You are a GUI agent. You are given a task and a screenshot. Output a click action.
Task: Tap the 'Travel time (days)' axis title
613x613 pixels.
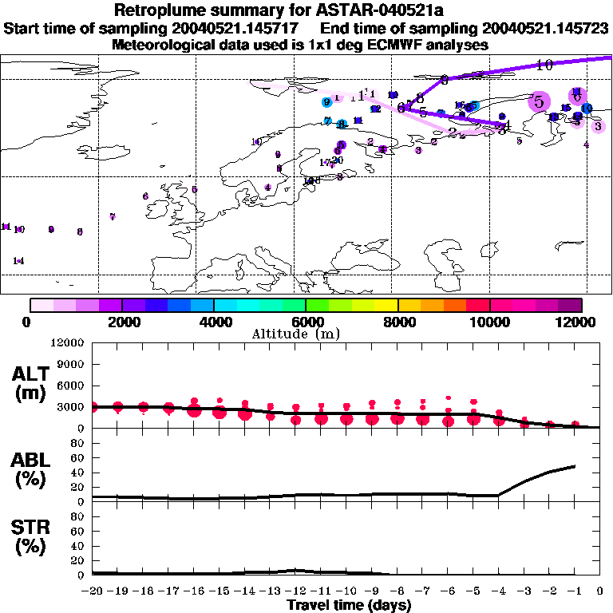pyautogui.click(x=349, y=606)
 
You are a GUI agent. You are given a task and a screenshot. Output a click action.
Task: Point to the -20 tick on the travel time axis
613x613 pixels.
pyautogui.click(x=93, y=592)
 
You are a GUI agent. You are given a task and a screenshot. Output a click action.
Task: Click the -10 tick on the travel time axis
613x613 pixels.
pyautogui.click(x=346, y=592)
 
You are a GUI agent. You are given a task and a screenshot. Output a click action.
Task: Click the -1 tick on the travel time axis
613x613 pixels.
pyautogui.click(x=575, y=592)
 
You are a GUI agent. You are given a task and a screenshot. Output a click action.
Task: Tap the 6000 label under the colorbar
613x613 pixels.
pyautogui.click(x=305, y=322)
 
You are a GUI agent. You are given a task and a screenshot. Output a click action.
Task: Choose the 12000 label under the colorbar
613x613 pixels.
pyautogui.click(x=579, y=322)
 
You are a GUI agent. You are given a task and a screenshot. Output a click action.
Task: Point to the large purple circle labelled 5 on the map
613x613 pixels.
pyautogui.click(x=540, y=102)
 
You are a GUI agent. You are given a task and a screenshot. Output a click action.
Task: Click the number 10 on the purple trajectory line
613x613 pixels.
pyautogui.click(x=544, y=65)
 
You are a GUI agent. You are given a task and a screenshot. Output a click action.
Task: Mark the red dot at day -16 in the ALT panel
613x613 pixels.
pyautogui.click(x=194, y=410)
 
